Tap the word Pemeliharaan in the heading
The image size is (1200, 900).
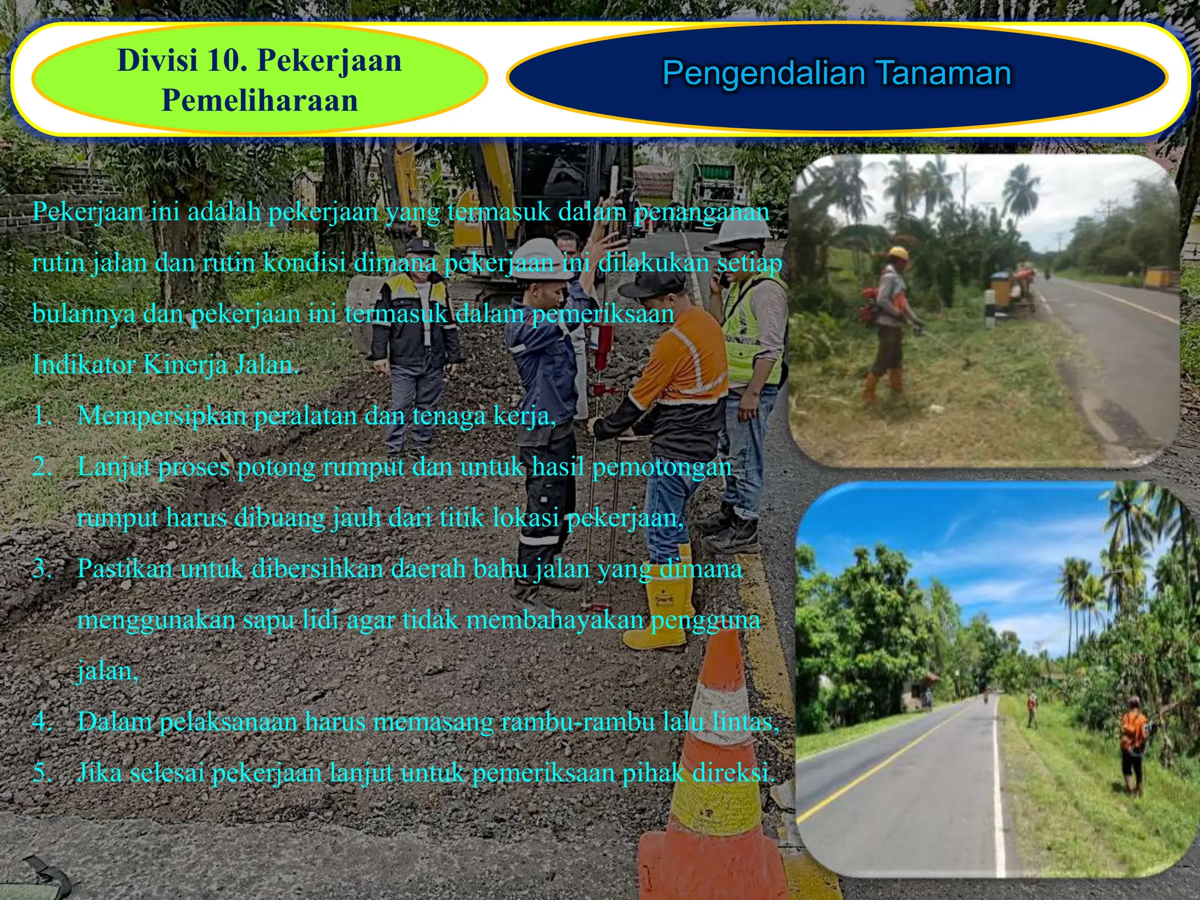click(260, 100)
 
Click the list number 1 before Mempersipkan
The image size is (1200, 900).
click(42, 416)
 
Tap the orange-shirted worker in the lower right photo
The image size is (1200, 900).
click(1133, 741)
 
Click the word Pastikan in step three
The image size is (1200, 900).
click(124, 569)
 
